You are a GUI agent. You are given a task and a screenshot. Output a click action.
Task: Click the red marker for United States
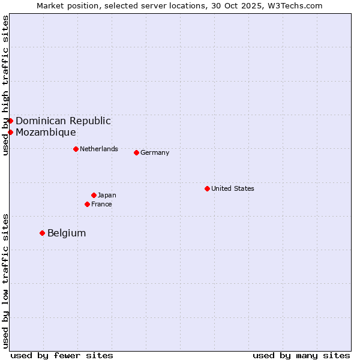pos(207,188)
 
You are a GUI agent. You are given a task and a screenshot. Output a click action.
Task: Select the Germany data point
pos(136,152)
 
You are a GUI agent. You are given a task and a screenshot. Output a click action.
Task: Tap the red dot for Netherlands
pos(76,149)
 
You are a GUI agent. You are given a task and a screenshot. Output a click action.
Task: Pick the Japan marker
pos(94,195)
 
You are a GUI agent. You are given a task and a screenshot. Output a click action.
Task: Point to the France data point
pos(87,204)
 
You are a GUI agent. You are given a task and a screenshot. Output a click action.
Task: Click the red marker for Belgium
pos(42,233)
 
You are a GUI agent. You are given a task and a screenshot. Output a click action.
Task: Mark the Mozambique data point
pos(10,132)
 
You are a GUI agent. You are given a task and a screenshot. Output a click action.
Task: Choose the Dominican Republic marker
pos(10,121)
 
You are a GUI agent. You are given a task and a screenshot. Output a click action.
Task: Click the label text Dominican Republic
pos(63,121)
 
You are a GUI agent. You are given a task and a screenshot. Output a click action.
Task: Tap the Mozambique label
pos(46,132)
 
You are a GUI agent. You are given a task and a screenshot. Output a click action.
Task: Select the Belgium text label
pos(67,233)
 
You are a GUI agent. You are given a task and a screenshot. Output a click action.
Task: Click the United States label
pos(233,188)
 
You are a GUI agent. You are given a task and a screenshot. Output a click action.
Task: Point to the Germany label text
pos(155,152)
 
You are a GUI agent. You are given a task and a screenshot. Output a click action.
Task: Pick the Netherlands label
pos(99,149)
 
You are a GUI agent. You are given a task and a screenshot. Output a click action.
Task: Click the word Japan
pos(107,195)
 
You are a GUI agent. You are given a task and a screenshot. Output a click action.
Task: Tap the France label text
pos(101,204)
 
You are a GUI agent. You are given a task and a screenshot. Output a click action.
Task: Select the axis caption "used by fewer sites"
pos(62,355)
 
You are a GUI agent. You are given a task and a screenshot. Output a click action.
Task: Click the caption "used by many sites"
pos(301,355)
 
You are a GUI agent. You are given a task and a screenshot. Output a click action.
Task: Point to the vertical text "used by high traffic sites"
pos(5,85)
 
